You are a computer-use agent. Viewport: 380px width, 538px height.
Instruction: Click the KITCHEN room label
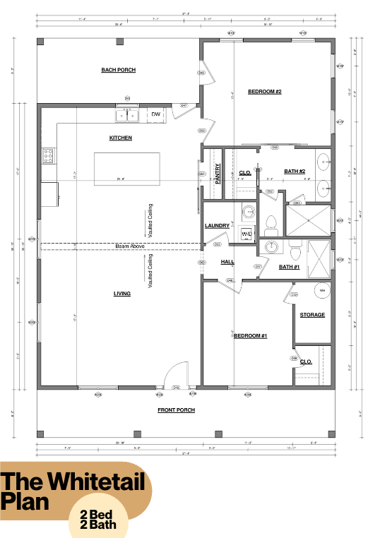click(x=120, y=138)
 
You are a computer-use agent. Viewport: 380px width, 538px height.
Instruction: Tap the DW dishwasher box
click(x=156, y=114)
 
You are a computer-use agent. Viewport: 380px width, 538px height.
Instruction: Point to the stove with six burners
click(x=49, y=155)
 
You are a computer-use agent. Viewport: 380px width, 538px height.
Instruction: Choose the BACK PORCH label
click(x=118, y=70)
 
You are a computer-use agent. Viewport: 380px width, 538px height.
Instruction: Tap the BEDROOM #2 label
click(x=265, y=91)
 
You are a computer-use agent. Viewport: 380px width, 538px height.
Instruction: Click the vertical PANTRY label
click(x=218, y=173)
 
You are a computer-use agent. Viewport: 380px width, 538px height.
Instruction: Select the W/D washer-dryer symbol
click(x=247, y=233)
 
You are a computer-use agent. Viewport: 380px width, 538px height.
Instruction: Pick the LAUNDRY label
click(x=216, y=226)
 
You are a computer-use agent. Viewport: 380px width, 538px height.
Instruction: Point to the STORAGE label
click(x=312, y=314)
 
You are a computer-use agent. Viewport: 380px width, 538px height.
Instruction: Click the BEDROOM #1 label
click(x=250, y=335)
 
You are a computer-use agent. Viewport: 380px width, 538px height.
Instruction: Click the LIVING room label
click(x=121, y=293)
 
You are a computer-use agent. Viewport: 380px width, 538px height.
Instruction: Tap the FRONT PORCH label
click(x=177, y=410)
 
